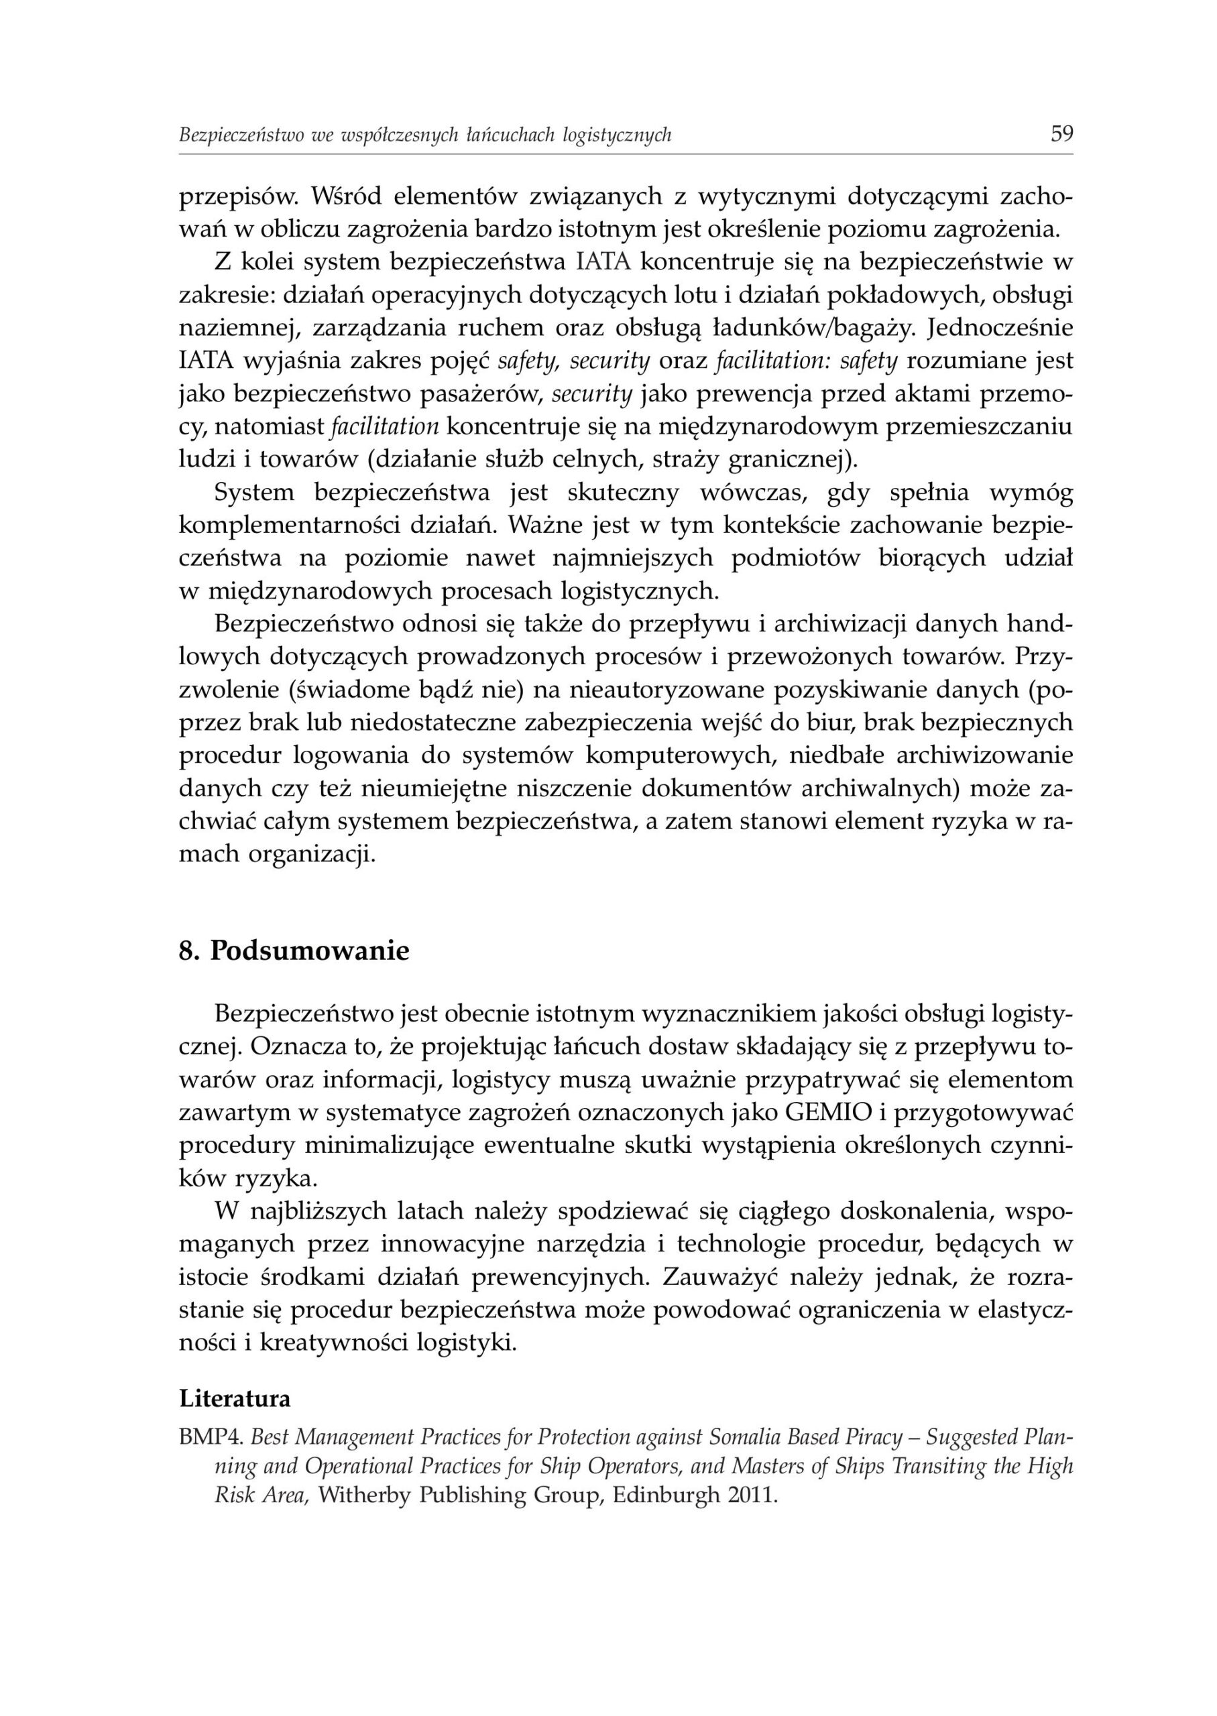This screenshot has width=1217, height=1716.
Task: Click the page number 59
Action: tap(1062, 134)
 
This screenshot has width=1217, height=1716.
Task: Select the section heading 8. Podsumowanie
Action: tap(294, 951)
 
